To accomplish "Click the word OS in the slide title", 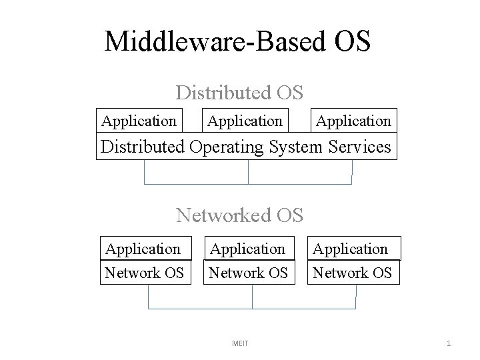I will click(x=347, y=42).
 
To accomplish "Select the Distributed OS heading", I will click(x=240, y=92).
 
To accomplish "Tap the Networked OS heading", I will click(x=240, y=215).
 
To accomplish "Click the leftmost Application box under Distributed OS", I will click(x=139, y=121).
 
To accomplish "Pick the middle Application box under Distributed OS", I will click(x=245, y=121).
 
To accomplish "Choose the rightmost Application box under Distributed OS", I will click(x=353, y=121).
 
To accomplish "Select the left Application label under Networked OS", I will click(x=143, y=249).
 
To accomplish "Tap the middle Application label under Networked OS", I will click(x=248, y=249).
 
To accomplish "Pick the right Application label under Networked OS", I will click(x=351, y=249).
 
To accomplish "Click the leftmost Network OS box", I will click(x=144, y=273).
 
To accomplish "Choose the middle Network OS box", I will click(x=248, y=273).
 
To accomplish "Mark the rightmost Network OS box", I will click(x=353, y=273).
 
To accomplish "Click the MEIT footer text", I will click(x=239, y=343).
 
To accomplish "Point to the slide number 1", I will click(x=449, y=343).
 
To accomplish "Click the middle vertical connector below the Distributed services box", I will click(x=248, y=171).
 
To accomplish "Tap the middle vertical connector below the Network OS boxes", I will click(x=252, y=297).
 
